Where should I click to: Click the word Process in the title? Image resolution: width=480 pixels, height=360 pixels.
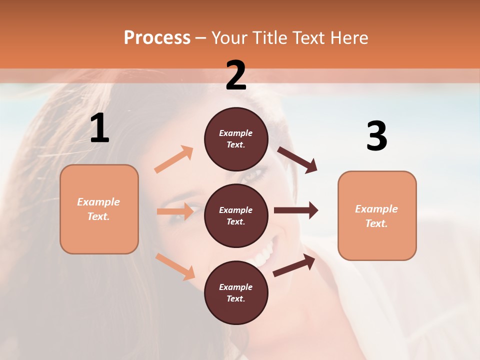tap(157, 37)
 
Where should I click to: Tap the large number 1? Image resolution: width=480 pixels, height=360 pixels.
tap(99, 128)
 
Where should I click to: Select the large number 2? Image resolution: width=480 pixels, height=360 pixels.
tap(236, 75)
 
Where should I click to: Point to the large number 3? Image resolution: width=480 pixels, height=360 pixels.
tap(376, 136)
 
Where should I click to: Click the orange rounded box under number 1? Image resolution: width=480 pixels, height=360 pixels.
tap(99, 209)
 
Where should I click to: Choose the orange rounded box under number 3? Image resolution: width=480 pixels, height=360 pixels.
tap(377, 215)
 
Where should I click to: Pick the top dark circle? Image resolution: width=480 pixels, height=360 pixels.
tap(236, 139)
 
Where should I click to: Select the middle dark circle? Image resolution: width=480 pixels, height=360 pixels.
tap(236, 215)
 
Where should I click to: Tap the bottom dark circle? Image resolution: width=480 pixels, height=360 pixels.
tap(236, 292)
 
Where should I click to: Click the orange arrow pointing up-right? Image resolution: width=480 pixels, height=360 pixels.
tap(174, 159)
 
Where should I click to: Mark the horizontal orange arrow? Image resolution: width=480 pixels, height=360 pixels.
tap(175, 211)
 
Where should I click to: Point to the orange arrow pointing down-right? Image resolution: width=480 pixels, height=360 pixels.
tap(175, 266)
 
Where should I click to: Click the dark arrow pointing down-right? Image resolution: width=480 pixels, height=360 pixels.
tap(297, 160)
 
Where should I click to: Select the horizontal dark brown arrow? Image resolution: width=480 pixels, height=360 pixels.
tap(296, 210)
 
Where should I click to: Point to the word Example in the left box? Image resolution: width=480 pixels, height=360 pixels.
tap(98, 202)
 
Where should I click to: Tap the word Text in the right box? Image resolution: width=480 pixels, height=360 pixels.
tap(376, 223)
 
